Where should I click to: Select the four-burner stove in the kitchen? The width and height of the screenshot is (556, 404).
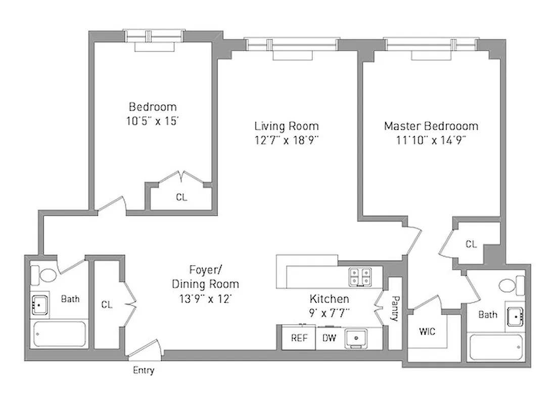[360, 276]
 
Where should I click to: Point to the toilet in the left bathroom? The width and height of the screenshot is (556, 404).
[44, 275]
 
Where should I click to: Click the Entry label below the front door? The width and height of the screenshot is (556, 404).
[144, 371]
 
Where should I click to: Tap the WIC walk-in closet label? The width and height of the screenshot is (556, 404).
[427, 332]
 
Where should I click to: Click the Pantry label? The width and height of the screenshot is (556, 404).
[394, 309]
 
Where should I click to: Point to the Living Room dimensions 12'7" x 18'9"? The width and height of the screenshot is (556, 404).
[287, 140]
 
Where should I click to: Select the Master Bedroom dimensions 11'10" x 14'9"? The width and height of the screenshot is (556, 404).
[431, 140]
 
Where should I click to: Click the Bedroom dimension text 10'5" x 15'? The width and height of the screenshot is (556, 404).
[153, 121]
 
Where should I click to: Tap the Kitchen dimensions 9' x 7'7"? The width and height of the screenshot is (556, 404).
[329, 313]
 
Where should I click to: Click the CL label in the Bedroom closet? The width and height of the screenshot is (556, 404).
[181, 197]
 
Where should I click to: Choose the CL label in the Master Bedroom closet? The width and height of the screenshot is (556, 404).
[471, 244]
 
